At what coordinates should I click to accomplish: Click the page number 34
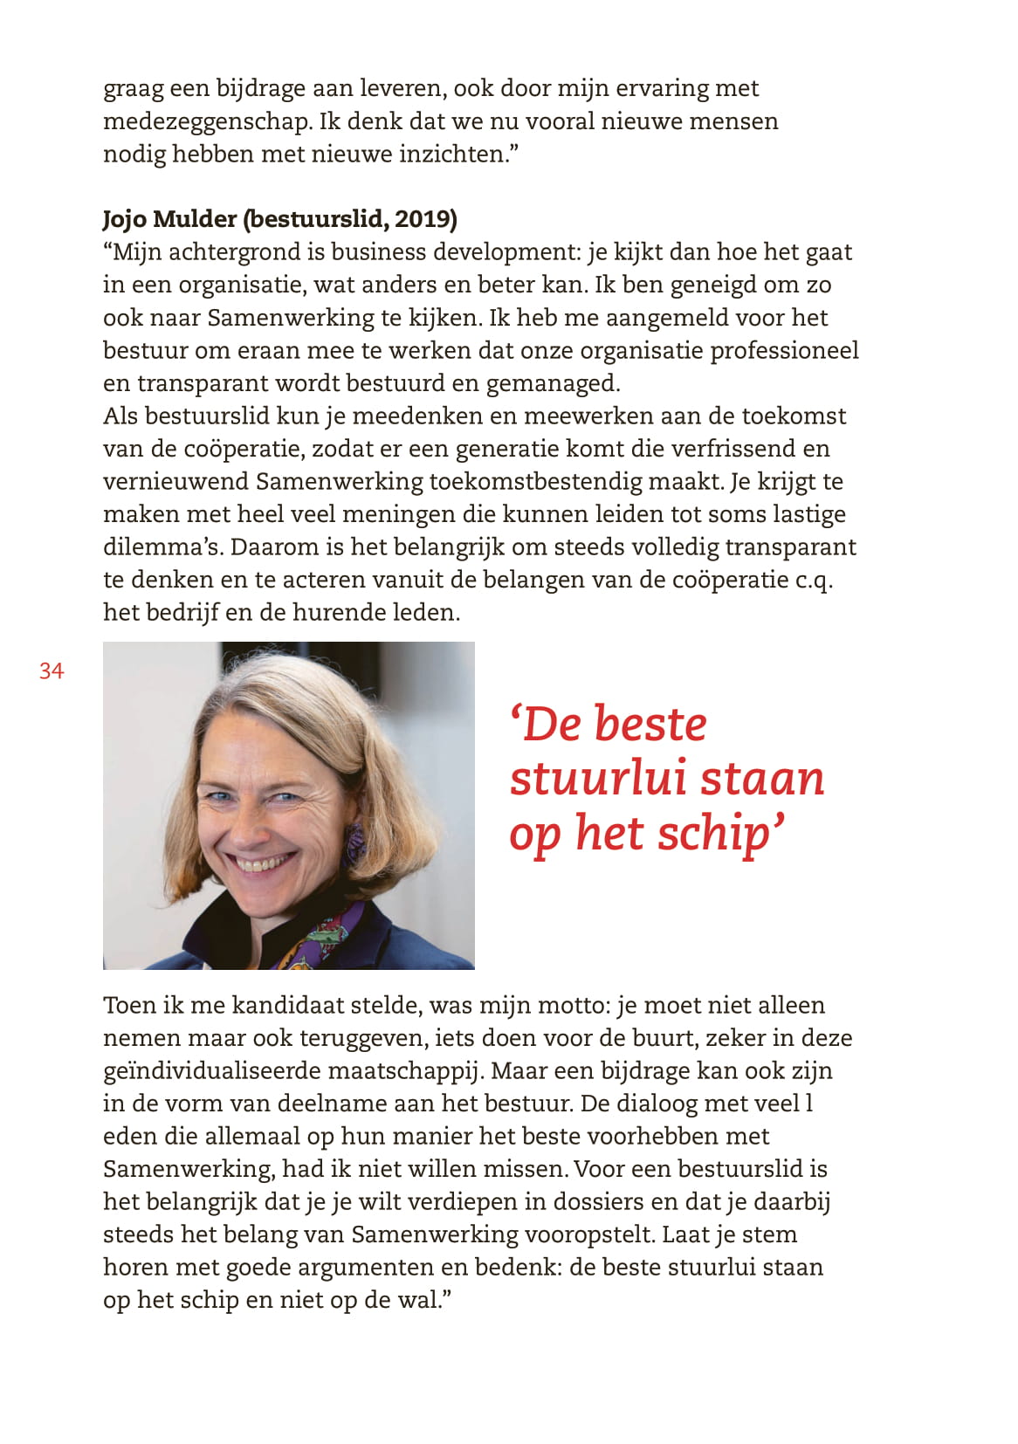click(52, 670)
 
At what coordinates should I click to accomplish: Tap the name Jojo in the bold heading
click(125, 219)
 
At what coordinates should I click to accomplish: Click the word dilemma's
click(163, 547)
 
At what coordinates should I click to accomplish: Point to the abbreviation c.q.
click(813, 580)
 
